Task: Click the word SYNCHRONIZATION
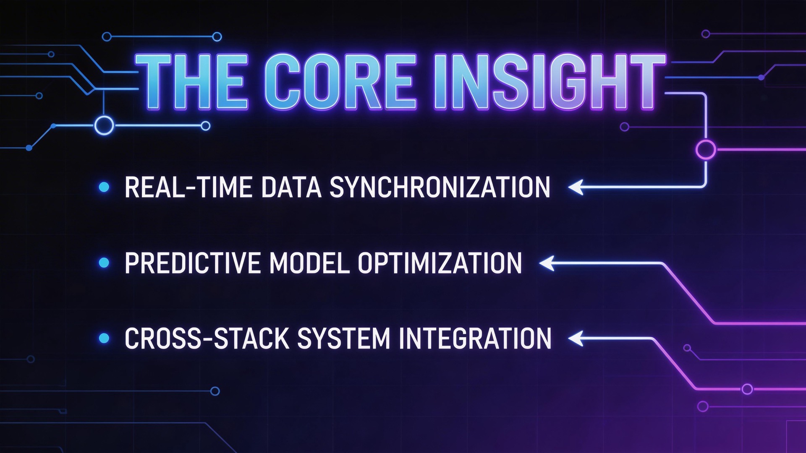[440, 187]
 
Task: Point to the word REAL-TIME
[188, 187]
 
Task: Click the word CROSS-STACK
[207, 339]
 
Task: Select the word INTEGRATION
[475, 339]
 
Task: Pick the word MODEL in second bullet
[309, 263]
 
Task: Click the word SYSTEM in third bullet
[344, 339]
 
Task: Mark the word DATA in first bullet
[291, 187]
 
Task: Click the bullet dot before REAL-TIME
[104, 187]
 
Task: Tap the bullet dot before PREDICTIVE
[104, 263]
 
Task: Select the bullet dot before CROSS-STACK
[104, 338]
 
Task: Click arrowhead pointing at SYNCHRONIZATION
[576, 187]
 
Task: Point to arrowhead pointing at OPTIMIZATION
[547, 263]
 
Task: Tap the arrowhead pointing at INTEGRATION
[576, 338]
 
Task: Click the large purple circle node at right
[706, 150]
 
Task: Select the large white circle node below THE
[104, 125]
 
